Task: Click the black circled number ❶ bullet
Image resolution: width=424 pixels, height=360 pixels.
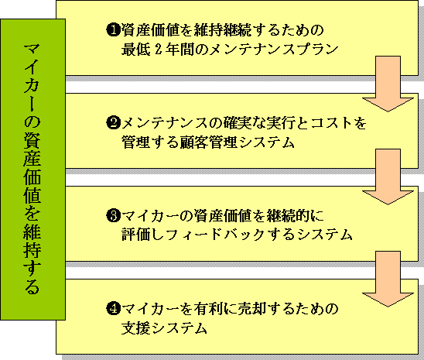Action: (x=113, y=29)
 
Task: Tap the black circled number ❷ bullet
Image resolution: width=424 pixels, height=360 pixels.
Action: (x=113, y=123)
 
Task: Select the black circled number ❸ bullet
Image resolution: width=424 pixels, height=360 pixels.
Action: (x=113, y=216)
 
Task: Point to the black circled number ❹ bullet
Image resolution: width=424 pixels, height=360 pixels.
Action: (x=113, y=309)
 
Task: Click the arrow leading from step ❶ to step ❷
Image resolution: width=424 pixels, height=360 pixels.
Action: (x=388, y=84)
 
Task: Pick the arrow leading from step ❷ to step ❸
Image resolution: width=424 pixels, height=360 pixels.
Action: (x=388, y=177)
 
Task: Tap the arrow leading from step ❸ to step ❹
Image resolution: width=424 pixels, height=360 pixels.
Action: (x=388, y=279)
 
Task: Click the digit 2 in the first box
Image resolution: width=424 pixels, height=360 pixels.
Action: (x=159, y=50)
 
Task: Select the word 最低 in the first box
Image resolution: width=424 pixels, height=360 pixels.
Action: (x=135, y=50)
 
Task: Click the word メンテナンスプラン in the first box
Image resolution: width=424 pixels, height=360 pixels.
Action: (x=274, y=50)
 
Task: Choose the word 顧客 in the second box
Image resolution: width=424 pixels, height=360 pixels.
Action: (x=193, y=142)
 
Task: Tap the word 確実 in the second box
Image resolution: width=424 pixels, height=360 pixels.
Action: (x=238, y=123)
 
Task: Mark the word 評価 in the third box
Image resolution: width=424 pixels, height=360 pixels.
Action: (x=135, y=235)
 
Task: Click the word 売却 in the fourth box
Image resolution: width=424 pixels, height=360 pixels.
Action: (x=252, y=309)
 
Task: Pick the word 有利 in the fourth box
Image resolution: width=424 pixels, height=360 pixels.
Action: (x=208, y=309)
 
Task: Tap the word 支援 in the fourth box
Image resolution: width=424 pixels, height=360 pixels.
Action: (x=135, y=328)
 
